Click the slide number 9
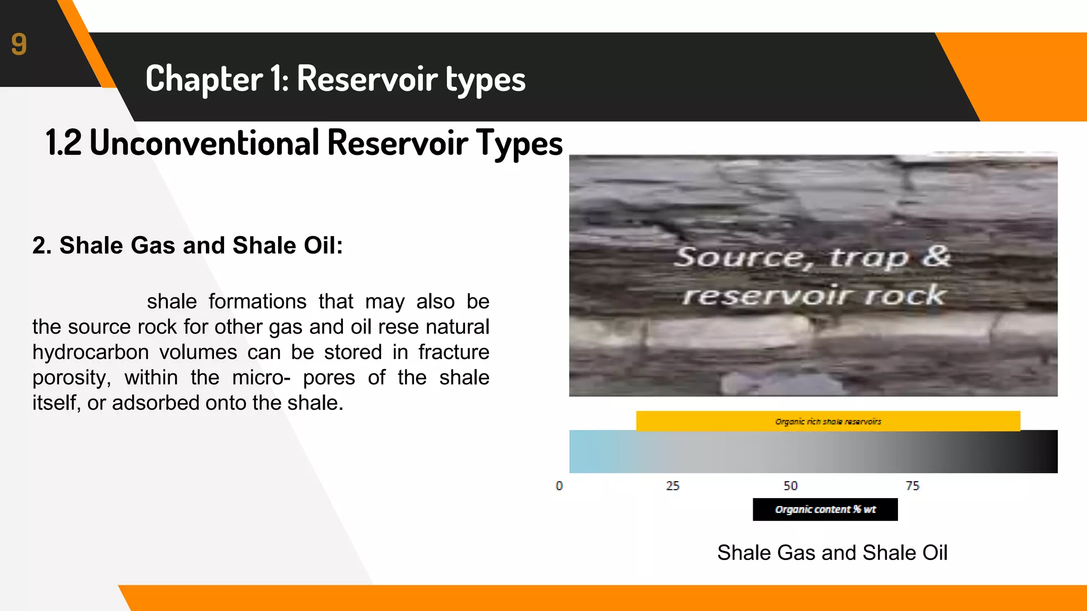(x=19, y=44)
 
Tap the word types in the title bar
(x=485, y=81)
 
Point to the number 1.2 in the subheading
(x=63, y=143)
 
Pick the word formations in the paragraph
(x=257, y=301)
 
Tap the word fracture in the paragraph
(x=453, y=352)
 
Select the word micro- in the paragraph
(x=261, y=378)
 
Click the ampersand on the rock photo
(x=935, y=256)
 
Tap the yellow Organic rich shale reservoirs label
(x=827, y=421)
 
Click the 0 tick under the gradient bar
(x=559, y=486)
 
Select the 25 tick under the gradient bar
(x=672, y=486)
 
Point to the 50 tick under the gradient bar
(x=790, y=486)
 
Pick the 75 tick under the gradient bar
(x=912, y=486)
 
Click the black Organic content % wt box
(x=825, y=509)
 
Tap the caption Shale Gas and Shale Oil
(x=832, y=553)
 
